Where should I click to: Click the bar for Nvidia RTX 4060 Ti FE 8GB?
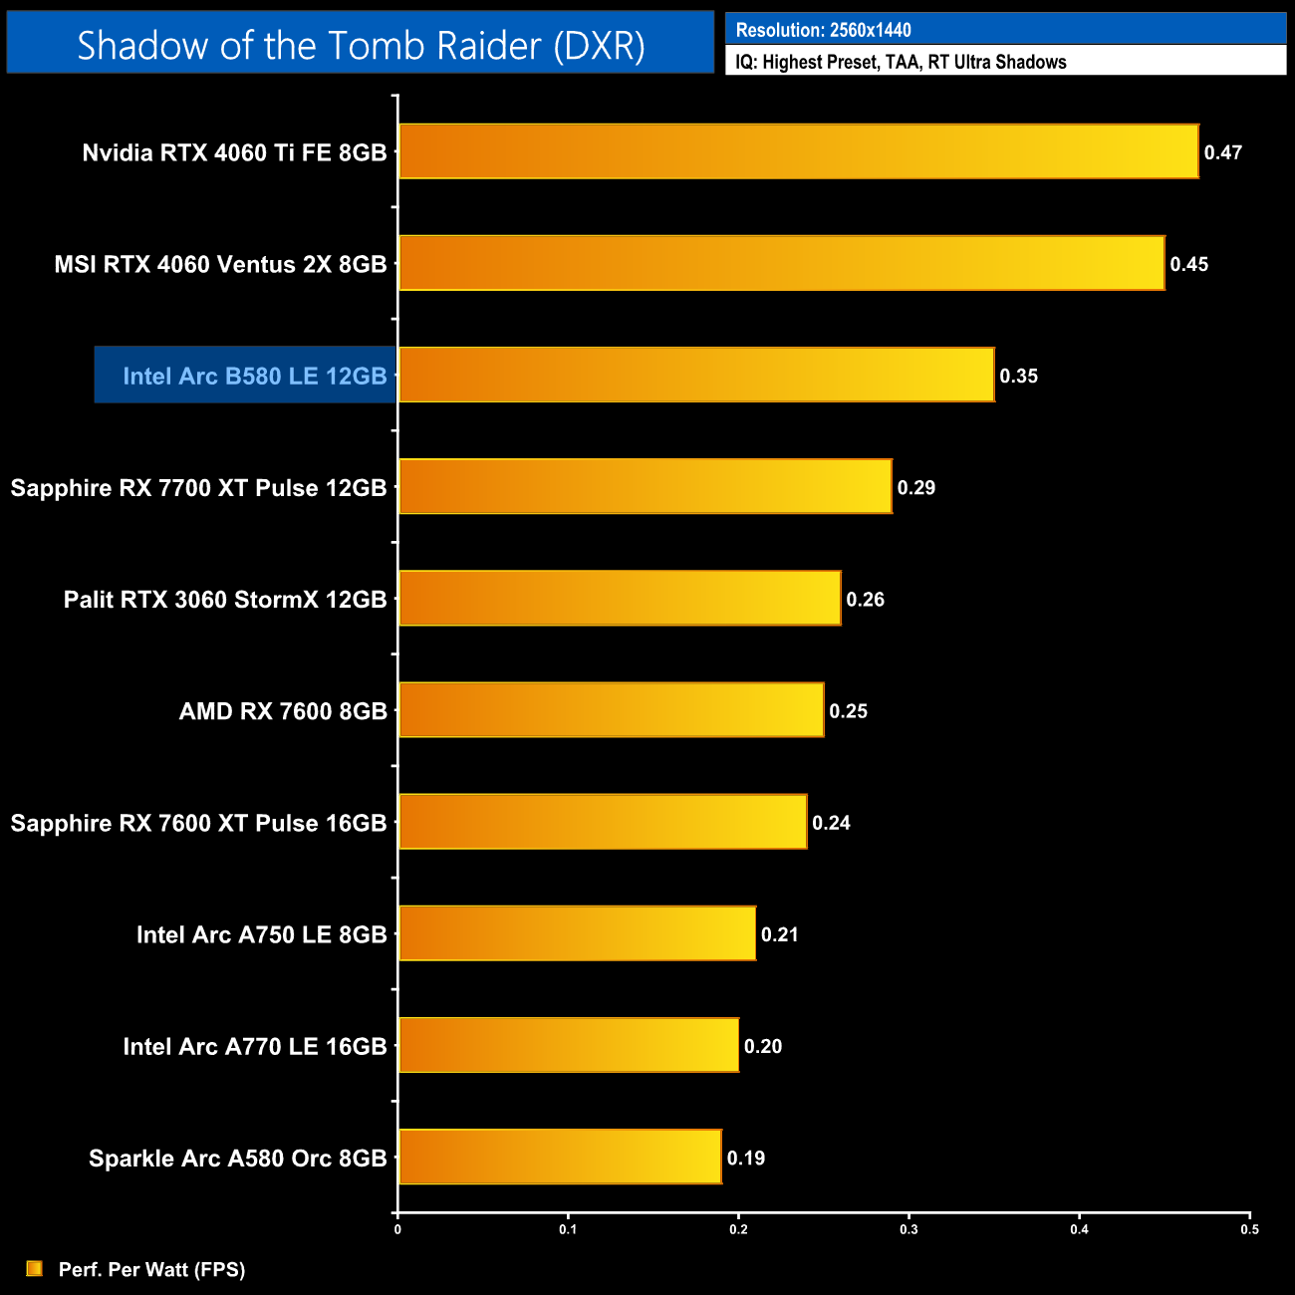[797, 151]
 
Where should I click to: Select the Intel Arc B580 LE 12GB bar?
[695, 375]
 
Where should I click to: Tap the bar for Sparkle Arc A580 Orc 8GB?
[560, 1157]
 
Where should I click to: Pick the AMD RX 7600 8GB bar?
[611, 710]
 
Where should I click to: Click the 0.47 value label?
[1223, 152]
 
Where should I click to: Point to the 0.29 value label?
[916, 487]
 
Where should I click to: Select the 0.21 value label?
[780, 934]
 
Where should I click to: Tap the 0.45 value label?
[1189, 264]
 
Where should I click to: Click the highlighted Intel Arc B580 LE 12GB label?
[254, 376]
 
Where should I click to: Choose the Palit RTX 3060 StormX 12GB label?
[225, 600]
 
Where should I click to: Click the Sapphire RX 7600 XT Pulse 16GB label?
[198, 823]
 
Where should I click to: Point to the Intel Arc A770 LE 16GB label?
[255, 1046]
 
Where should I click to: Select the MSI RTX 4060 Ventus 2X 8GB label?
[220, 264]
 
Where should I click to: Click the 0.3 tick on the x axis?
[908, 1229]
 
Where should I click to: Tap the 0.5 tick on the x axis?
[1249, 1229]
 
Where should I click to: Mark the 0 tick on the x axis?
[397, 1229]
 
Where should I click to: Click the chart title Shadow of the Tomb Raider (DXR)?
[361, 45]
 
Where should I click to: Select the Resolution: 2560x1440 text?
[823, 30]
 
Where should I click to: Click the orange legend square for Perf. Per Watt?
[35, 1268]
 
